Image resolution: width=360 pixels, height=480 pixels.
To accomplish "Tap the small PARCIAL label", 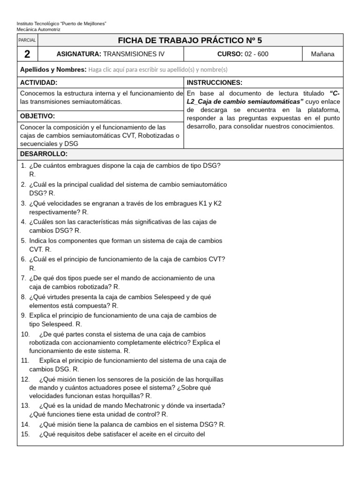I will point(27,41).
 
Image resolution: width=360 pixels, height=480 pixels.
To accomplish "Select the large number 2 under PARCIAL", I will point(27,54).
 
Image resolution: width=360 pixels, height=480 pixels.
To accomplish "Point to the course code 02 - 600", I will point(255,54).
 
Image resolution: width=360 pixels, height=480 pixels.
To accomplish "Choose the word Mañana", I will point(322,54).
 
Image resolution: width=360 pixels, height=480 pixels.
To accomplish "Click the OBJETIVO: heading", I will point(37,116).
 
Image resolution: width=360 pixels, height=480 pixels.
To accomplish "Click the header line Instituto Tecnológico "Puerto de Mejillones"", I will point(61,23).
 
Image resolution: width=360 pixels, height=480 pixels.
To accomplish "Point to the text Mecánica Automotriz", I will point(38,29).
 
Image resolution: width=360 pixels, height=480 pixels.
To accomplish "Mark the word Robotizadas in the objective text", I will point(157,135).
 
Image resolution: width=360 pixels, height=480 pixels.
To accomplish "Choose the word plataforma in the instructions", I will point(323,110).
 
